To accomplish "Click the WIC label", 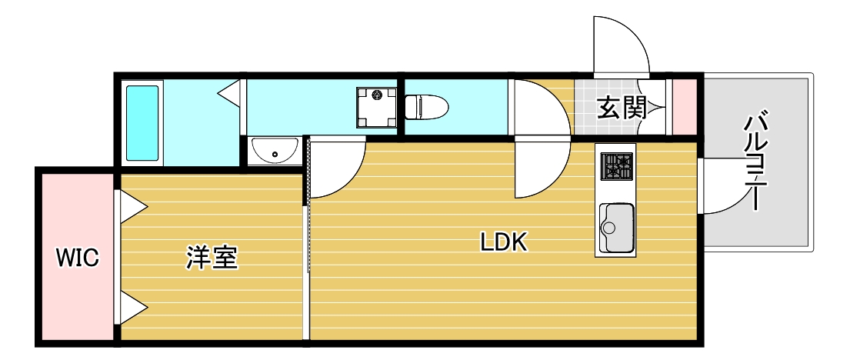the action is coord(78,258).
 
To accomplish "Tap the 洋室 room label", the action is coord(212,257).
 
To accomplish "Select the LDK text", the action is coord(504,242).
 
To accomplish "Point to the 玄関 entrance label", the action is coord(622,108).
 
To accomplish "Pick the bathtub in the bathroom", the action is coord(143,123).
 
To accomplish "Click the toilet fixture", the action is coord(427,107).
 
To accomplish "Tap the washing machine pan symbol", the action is coord(376,108).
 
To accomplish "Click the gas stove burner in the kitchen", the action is coord(617,165).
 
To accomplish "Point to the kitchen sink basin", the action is coord(617,228).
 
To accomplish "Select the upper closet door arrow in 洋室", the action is coord(133,207).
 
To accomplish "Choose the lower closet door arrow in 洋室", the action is coord(133,308).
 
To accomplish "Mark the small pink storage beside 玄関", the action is coord(685,107).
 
